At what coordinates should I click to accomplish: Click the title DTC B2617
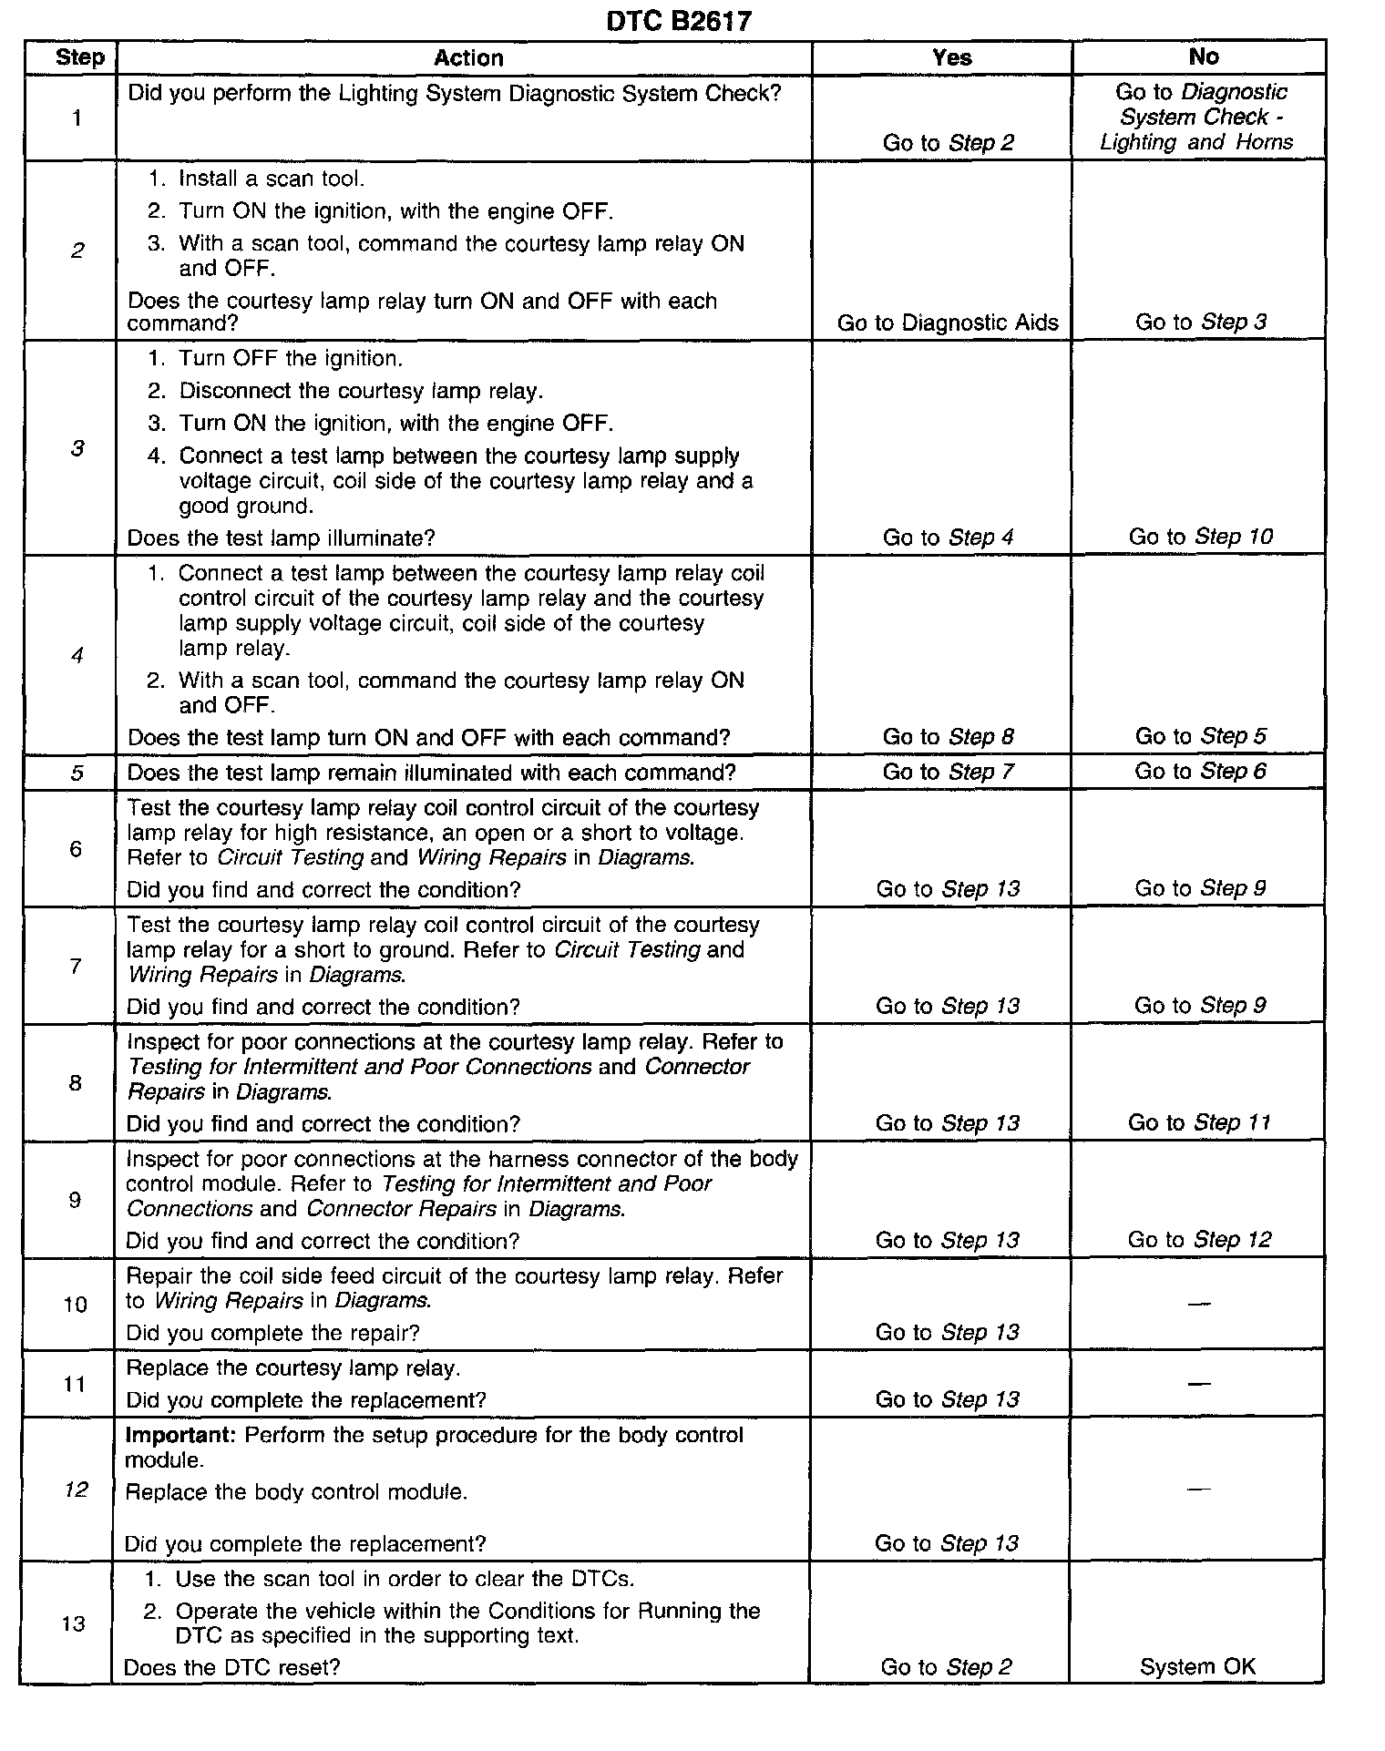pos(679,21)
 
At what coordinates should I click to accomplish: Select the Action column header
pos(468,58)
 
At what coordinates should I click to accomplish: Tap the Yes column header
pos(951,57)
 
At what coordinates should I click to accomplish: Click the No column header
pos(1203,56)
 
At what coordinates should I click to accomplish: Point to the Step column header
pos(79,57)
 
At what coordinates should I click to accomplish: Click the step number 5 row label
pos(77,773)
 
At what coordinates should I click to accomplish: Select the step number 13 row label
pos(74,1623)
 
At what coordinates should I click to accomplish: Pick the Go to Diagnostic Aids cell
pos(948,323)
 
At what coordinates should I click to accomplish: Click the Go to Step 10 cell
pos(1200,537)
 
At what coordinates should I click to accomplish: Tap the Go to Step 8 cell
pos(948,736)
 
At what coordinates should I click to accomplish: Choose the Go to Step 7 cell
pos(948,772)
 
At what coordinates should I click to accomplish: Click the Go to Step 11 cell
pos(1199,1122)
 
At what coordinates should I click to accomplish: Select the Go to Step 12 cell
pos(1199,1240)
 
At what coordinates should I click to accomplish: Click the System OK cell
pos(1197,1667)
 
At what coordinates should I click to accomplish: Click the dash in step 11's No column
pos(1199,1384)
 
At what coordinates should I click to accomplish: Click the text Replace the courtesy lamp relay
pos(292,1368)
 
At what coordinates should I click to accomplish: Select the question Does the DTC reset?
pos(231,1667)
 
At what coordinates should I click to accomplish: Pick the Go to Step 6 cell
pos(1200,772)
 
